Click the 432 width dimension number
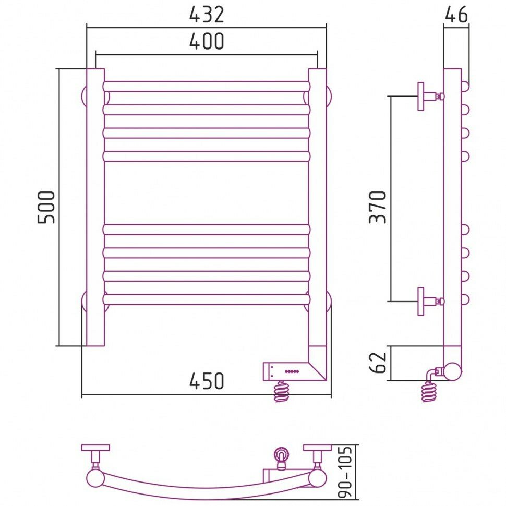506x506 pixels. pyautogui.click(x=207, y=15)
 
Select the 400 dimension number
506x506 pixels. pyautogui.click(x=206, y=41)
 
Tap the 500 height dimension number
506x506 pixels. pyautogui.click(x=46, y=207)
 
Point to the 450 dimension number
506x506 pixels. pyautogui.click(x=207, y=381)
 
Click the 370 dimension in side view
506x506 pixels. pyautogui.click(x=378, y=207)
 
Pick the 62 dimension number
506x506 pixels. pyautogui.click(x=380, y=362)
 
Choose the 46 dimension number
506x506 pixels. pyautogui.click(x=456, y=15)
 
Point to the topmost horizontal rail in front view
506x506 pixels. pyautogui.click(x=207, y=86)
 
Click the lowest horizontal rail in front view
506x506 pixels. pyautogui.click(x=207, y=299)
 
